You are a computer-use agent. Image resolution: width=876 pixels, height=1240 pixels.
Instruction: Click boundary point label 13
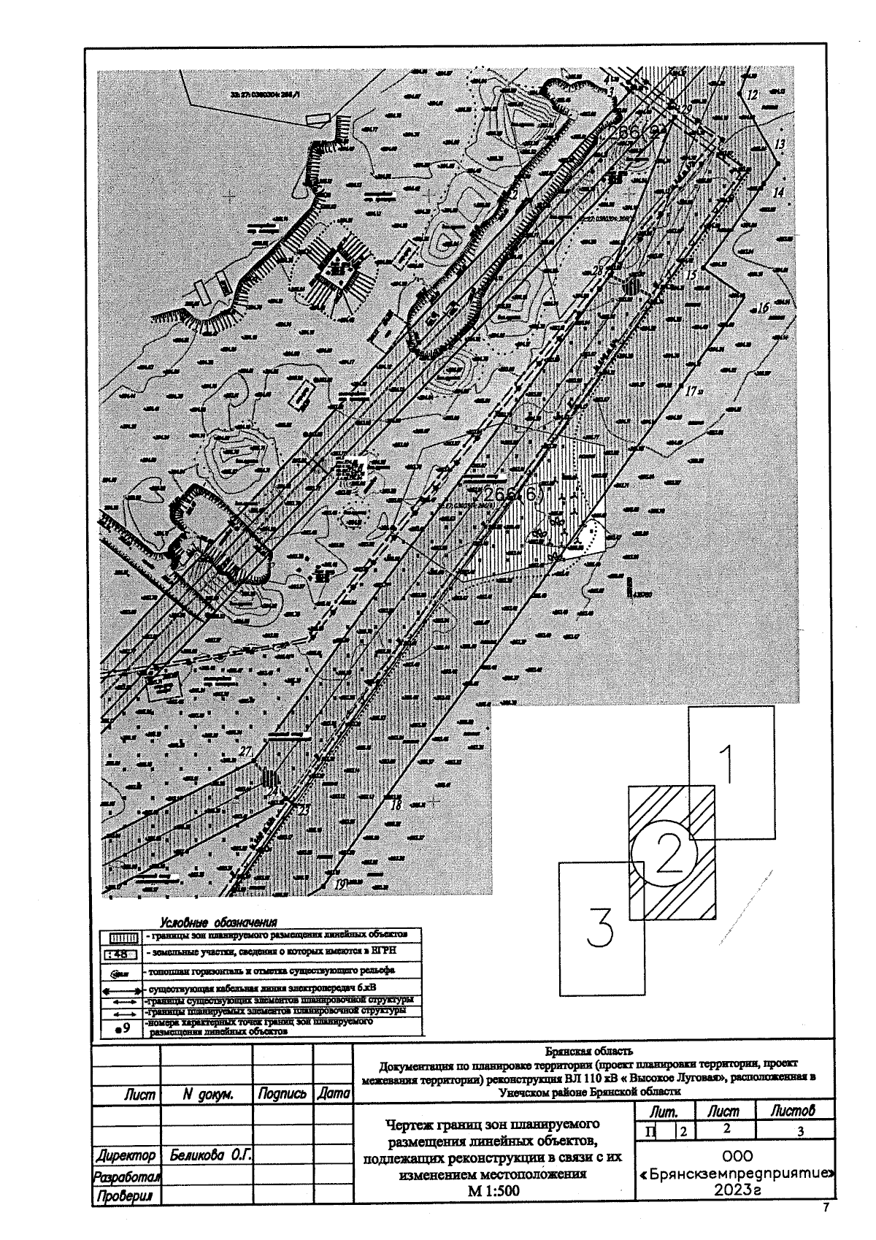click(x=780, y=145)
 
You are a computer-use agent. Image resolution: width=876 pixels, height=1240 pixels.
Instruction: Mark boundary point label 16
click(x=763, y=308)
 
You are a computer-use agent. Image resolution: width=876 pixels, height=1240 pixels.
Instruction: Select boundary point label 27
click(x=245, y=751)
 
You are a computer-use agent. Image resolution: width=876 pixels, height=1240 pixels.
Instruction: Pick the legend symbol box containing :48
click(x=117, y=954)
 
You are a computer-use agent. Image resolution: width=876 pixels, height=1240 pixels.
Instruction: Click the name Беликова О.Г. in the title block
click(x=207, y=1156)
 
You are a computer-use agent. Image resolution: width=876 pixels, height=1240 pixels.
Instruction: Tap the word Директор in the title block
click(x=126, y=1156)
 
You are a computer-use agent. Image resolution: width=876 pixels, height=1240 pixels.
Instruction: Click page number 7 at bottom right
click(x=826, y=1208)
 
